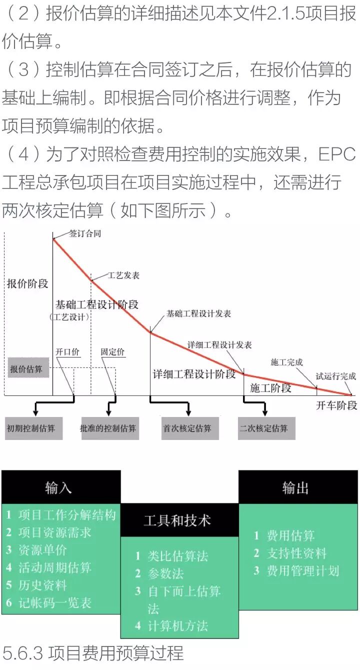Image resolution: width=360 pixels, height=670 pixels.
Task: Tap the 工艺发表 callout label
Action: point(123,275)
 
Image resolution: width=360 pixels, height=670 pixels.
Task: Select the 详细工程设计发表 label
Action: point(219,345)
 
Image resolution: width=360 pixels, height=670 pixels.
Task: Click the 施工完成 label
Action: point(286,362)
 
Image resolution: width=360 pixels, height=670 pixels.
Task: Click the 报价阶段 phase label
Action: point(27,283)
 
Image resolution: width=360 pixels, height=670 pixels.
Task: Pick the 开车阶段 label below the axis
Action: point(336,405)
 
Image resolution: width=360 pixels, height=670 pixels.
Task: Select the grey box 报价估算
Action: point(28,369)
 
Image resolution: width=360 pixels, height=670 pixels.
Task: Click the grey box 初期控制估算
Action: point(33,428)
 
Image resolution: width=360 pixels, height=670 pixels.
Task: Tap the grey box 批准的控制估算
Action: point(108,428)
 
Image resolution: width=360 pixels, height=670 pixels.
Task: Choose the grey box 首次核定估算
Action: point(189,428)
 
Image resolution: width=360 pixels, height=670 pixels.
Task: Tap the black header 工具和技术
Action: point(177,520)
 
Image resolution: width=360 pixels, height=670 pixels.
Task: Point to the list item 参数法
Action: point(165,573)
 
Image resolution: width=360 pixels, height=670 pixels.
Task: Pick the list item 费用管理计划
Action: point(303,571)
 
